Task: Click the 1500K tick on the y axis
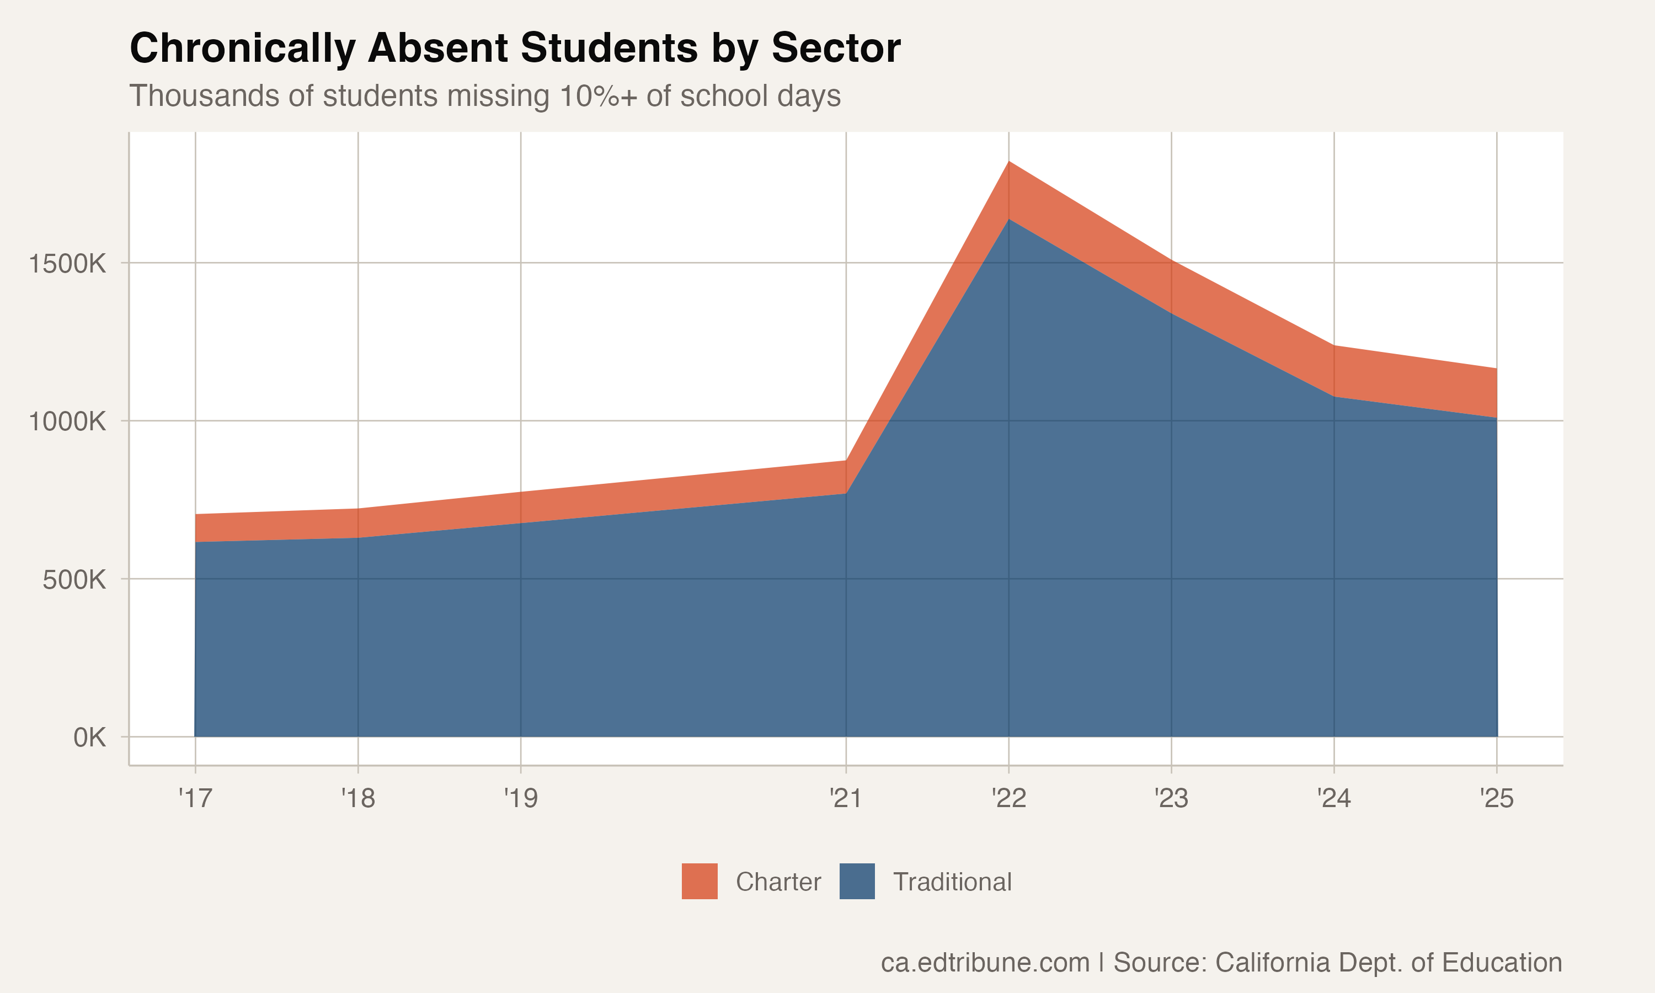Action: pyautogui.click(x=67, y=264)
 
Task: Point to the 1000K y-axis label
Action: pyautogui.click(x=67, y=422)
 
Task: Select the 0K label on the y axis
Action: pyautogui.click(x=89, y=738)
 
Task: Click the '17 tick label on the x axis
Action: pyautogui.click(x=195, y=798)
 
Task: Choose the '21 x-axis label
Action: pyautogui.click(x=846, y=798)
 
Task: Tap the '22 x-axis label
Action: pyautogui.click(x=1009, y=798)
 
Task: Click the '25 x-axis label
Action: pyautogui.click(x=1497, y=798)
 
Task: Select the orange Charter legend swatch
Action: pyautogui.click(x=699, y=881)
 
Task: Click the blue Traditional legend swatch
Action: pyautogui.click(x=857, y=881)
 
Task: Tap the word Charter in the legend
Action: pyautogui.click(x=778, y=882)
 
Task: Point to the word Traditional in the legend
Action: pyautogui.click(x=952, y=882)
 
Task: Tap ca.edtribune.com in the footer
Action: pyautogui.click(x=985, y=962)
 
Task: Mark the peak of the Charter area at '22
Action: pyautogui.click(x=1009, y=162)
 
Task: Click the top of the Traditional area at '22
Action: pyautogui.click(x=1009, y=219)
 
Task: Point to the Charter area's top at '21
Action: pyautogui.click(x=846, y=461)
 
